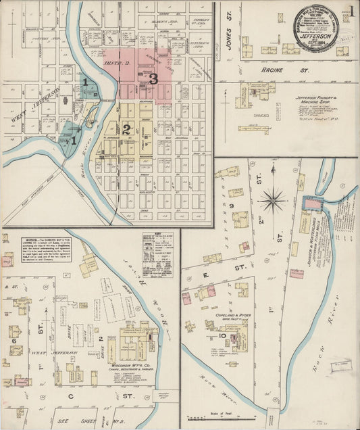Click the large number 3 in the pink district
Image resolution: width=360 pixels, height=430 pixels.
click(153, 79)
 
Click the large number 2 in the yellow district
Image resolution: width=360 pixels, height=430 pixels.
click(126, 129)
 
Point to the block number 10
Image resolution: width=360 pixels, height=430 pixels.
click(222, 335)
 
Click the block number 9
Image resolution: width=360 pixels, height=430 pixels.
click(231, 205)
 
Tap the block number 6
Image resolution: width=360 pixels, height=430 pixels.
click(14, 341)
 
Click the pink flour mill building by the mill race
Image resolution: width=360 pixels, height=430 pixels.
click(312, 203)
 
